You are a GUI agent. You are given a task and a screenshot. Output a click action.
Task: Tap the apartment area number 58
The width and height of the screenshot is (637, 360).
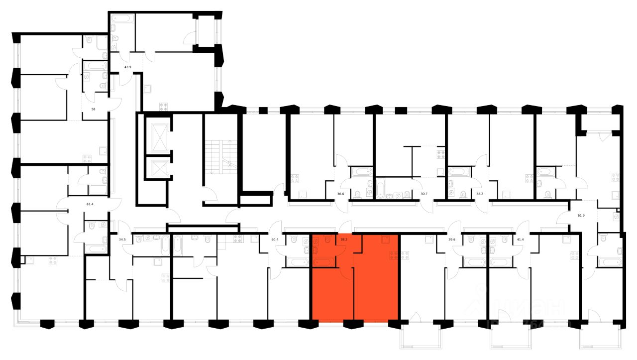(93, 109)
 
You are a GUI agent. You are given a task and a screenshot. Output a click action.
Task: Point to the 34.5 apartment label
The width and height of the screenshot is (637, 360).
(122, 240)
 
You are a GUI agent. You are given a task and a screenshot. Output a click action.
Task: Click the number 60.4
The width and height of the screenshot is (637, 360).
(274, 240)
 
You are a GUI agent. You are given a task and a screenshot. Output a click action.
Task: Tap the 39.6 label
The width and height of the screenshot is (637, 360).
(451, 240)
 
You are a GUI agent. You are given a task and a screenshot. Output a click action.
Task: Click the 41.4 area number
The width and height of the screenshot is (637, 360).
(521, 240)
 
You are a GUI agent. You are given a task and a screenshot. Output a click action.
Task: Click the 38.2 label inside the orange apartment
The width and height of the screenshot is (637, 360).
(343, 239)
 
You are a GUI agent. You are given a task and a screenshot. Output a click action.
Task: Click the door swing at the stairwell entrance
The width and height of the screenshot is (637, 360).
(210, 195)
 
